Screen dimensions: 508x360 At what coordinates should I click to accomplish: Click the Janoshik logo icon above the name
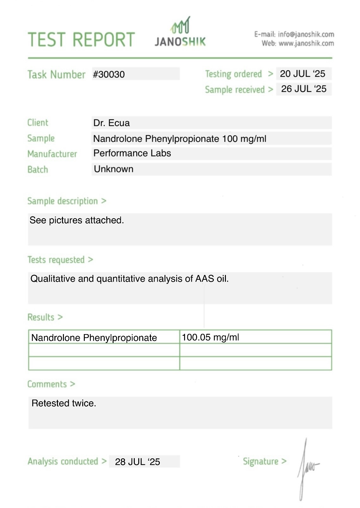tap(181, 26)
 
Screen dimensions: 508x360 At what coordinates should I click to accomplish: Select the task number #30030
tap(109, 75)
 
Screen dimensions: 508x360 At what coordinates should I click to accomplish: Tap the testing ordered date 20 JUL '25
tap(302, 74)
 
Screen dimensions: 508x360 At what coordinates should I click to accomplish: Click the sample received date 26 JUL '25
tap(303, 89)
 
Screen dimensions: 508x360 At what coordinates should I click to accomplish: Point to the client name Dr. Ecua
tap(111, 123)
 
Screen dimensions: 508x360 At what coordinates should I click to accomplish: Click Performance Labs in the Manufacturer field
tap(132, 153)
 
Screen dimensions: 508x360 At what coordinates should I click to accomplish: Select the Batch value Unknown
tap(114, 169)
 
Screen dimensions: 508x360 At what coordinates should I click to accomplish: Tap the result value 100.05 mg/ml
tap(210, 337)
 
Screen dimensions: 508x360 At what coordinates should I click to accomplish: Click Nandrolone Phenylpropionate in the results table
tap(94, 338)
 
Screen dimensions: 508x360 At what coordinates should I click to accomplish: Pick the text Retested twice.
tap(64, 403)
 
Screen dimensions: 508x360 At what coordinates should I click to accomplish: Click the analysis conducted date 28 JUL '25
tap(137, 462)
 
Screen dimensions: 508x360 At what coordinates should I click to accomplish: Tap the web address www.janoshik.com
tap(306, 43)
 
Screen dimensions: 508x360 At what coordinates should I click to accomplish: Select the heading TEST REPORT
tap(81, 40)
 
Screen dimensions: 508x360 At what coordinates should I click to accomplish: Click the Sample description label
tap(63, 201)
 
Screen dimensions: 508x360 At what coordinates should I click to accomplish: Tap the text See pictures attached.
tap(77, 220)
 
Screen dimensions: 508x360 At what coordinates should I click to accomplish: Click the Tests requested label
tap(56, 260)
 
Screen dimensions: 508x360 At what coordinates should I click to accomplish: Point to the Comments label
tap(47, 384)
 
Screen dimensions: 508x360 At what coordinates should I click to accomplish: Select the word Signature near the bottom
tap(260, 462)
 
